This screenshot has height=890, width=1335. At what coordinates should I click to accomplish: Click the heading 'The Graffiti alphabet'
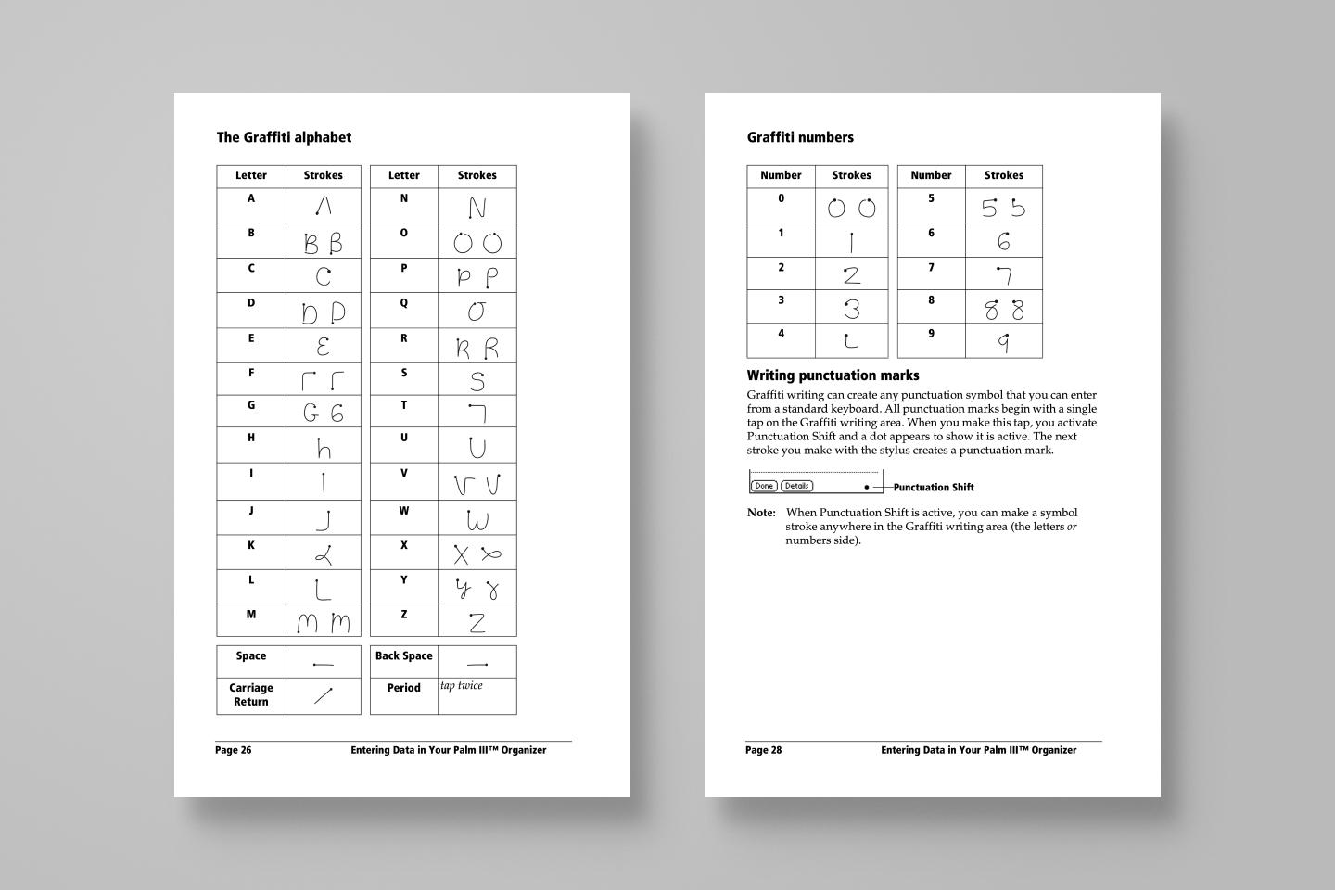(x=284, y=137)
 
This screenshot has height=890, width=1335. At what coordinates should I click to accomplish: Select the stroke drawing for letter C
(x=323, y=276)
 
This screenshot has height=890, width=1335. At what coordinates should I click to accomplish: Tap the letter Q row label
(x=403, y=303)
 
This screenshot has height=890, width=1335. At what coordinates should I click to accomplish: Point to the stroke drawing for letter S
(x=477, y=380)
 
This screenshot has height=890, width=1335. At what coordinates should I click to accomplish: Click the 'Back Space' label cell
(x=403, y=656)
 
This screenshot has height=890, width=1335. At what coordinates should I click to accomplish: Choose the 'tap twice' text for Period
(x=461, y=686)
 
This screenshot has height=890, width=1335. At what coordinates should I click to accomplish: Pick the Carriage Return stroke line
(x=323, y=695)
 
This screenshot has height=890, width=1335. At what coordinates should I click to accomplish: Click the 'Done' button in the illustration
(x=764, y=486)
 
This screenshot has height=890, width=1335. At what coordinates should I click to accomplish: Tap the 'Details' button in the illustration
(x=796, y=486)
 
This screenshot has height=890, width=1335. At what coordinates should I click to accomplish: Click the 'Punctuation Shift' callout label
(x=934, y=488)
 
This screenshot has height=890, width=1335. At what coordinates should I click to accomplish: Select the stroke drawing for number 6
(x=1003, y=242)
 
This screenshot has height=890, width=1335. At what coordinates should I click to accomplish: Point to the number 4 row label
(x=781, y=335)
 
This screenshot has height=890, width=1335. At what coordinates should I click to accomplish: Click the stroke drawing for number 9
(x=1003, y=342)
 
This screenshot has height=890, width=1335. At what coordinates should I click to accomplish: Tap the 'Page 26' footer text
(x=234, y=750)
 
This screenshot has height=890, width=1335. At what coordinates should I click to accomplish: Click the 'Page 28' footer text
(x=764, y=750)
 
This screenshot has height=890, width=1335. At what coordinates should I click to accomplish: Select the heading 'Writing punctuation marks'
(x=833, y=375)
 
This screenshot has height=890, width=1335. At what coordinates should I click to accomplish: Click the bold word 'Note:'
(x=761, y=513)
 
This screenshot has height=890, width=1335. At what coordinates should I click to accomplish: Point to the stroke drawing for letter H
(x=323, y=449)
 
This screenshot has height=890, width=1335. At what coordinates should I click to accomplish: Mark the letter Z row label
(x=403, y=615)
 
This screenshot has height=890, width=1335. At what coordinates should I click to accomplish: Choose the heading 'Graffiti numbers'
(x=800, y=137)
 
